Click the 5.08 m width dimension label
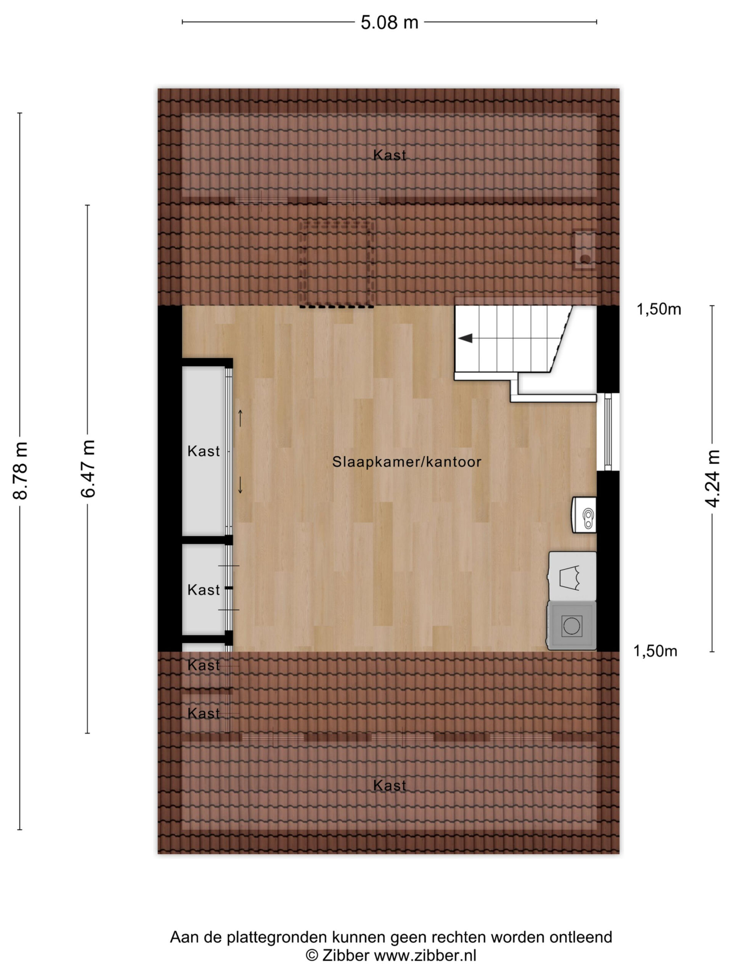point(389,22)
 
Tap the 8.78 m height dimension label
point(21,470)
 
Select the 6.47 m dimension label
point(88,469)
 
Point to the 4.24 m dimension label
point(712,478)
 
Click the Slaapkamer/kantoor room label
point(406,462)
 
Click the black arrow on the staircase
point(465,339)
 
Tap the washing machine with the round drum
point(571,625)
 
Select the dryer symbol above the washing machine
point(572,576)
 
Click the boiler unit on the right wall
point(584,514)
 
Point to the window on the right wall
point(608,432)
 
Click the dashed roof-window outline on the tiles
point(337,264)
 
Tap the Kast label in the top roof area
point(389,155)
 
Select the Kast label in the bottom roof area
point(389,785)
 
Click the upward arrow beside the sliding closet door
point(241,418)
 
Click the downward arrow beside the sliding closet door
point(241,485)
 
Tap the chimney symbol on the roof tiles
point(584,250)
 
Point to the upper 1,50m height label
point(658,309)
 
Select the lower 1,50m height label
point(655,651)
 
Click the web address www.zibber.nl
point(425,955)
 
